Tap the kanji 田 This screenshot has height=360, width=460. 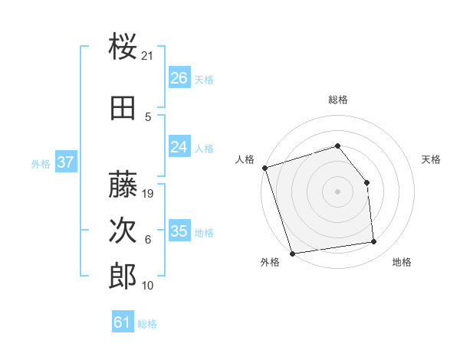click(x=123, y=108)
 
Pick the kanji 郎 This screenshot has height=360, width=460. click(x=123, y=276)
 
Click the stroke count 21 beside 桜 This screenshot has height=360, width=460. click(x=148, y=55)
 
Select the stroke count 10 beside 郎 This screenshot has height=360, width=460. click(x=148, y=285)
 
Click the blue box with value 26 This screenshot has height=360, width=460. click(x=179, y=78)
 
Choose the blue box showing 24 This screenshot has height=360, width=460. click(x=179, y=147)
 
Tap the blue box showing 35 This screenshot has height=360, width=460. click(x=179, y=231)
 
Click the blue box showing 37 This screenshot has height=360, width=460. click(x=65, y=162)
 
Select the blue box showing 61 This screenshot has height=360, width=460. click(x=122, y=322)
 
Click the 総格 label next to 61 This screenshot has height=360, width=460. click(x=147, y=324)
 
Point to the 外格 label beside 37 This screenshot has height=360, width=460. click(x=41, y=163)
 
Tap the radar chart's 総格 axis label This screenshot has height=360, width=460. click(x=338, y=100)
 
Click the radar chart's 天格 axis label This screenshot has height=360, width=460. click(x=432, y=159)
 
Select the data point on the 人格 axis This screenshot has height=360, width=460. click(x=265, y=168)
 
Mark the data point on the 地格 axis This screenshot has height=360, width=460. click(x=374, y=242)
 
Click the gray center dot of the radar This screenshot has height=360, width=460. click(x=338, y=191)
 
